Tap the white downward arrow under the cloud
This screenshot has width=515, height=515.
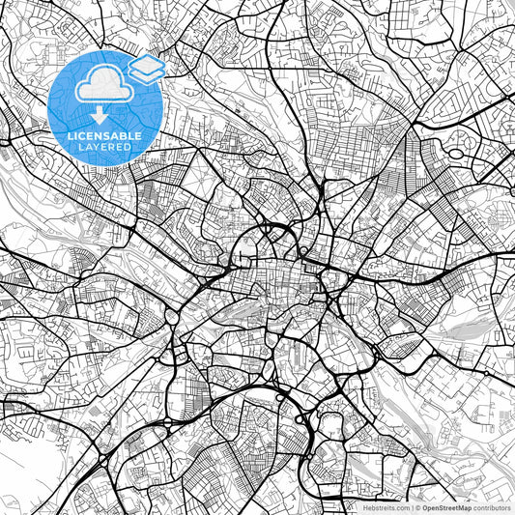(x=103, y=114)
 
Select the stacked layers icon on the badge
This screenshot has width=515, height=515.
(x=146, y=70)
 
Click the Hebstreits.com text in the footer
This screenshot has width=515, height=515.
(x=386, y=506)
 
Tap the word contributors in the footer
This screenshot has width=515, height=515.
(x=493, y=506)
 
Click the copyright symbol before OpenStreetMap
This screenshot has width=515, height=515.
(x=417, y=506)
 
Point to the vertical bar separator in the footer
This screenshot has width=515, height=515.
(x=411, y=506)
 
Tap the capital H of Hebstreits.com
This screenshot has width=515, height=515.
(x=365, y=506)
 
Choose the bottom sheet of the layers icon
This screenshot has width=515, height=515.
(x=146, y=76)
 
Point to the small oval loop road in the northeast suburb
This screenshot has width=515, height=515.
(x=456, y=153)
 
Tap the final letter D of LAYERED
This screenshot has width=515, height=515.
(x=133, y=147)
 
